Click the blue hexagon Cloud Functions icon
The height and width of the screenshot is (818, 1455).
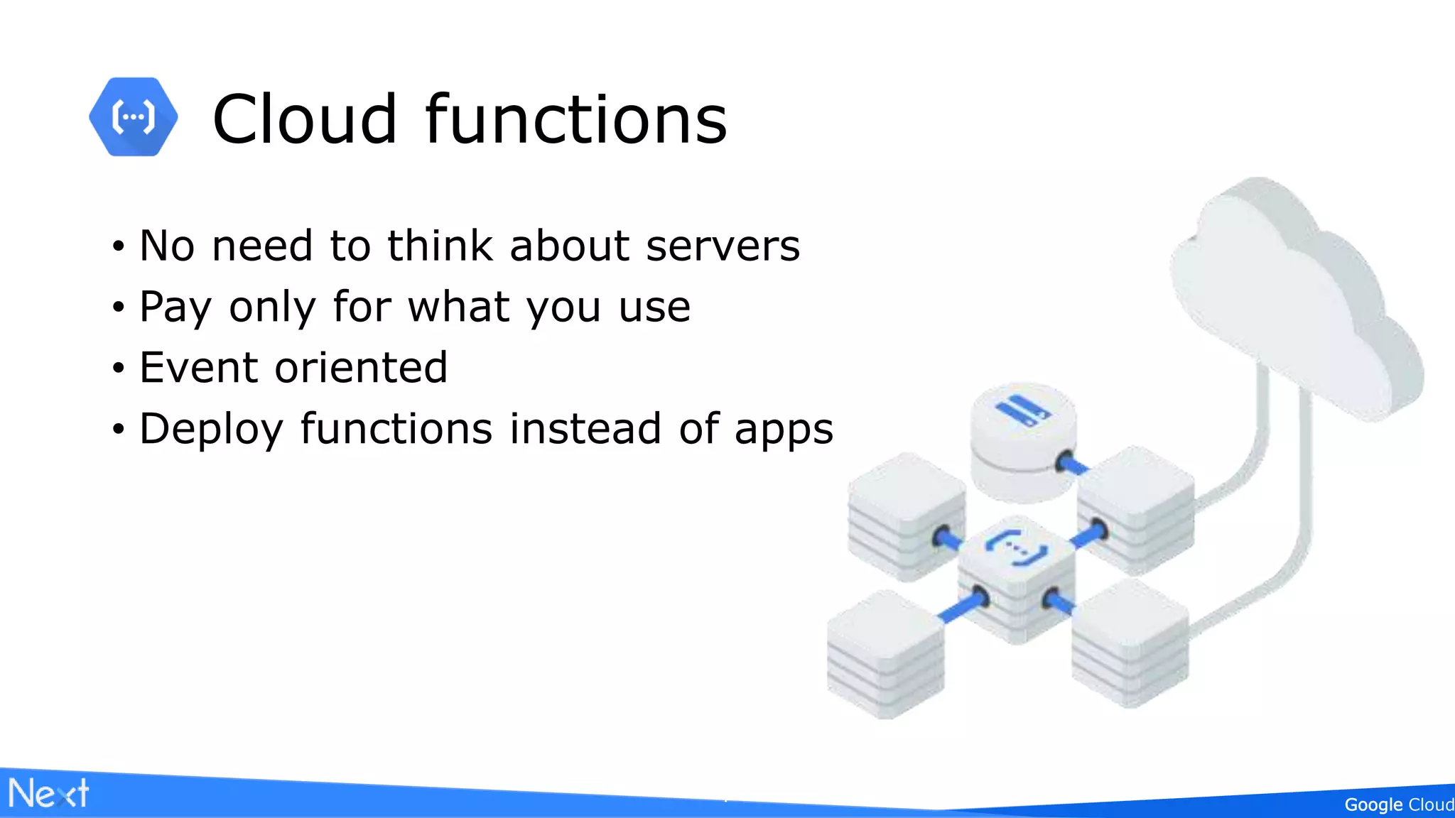click(x=133, y=117)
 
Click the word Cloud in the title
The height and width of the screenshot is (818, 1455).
click(x=304, y=119)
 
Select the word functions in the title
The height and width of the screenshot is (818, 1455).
click(x=576, y=119)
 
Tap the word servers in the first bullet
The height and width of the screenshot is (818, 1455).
click(x=723, y=246)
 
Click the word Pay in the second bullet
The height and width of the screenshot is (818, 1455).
click(x=175, y=308)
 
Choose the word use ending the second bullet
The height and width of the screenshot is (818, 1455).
click(x=654, y=307)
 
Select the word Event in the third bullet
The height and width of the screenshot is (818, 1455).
click(x=198, y=368)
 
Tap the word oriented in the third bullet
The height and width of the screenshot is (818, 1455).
click(x=361, y=368)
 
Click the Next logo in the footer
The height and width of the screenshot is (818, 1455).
click(x=48, y=793)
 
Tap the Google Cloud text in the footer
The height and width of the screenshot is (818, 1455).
click(x=1398, y=805)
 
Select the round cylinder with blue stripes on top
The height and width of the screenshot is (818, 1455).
click(x=1023, y=440)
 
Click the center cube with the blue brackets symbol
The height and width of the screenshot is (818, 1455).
click(x=1016, y=575)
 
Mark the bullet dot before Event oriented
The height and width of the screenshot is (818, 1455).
click(x=119, y=369)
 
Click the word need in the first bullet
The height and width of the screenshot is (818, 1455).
click(x=262, y=246)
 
